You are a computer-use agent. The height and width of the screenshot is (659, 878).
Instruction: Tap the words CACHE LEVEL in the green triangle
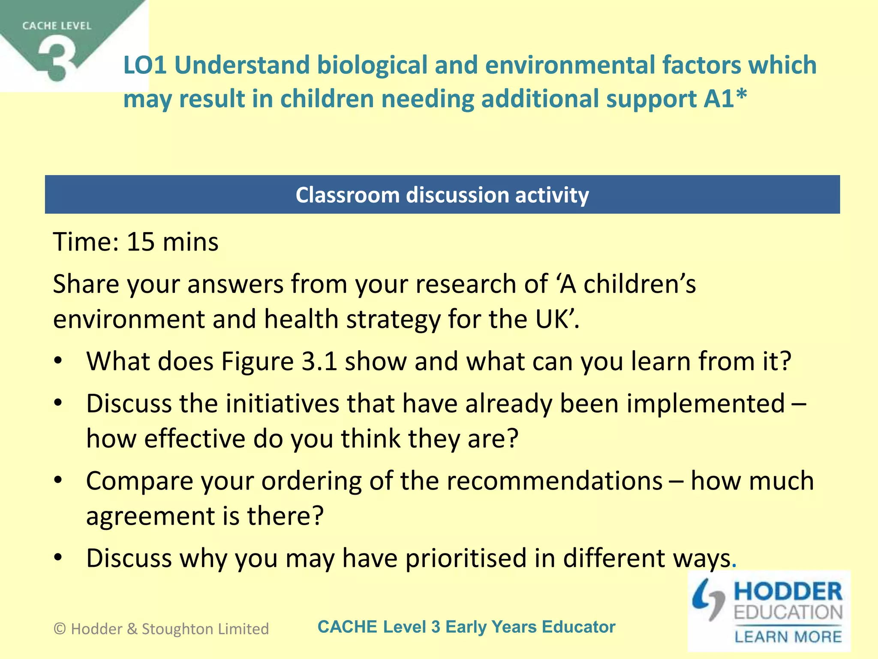click(x=57, y=26)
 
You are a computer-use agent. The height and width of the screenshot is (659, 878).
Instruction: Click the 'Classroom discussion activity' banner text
click(x=442, y=195)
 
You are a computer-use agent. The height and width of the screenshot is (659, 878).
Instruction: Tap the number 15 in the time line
click(x=141, y=242)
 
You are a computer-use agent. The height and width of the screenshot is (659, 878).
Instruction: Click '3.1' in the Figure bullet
click(x=319, y=361)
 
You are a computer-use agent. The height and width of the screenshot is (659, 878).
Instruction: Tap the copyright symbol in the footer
click(x=60, y=629)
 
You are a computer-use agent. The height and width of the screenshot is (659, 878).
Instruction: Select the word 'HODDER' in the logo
click(x=788, y=592)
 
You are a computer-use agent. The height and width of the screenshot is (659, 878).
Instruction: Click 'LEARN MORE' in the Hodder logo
click(x=788, y=636)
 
